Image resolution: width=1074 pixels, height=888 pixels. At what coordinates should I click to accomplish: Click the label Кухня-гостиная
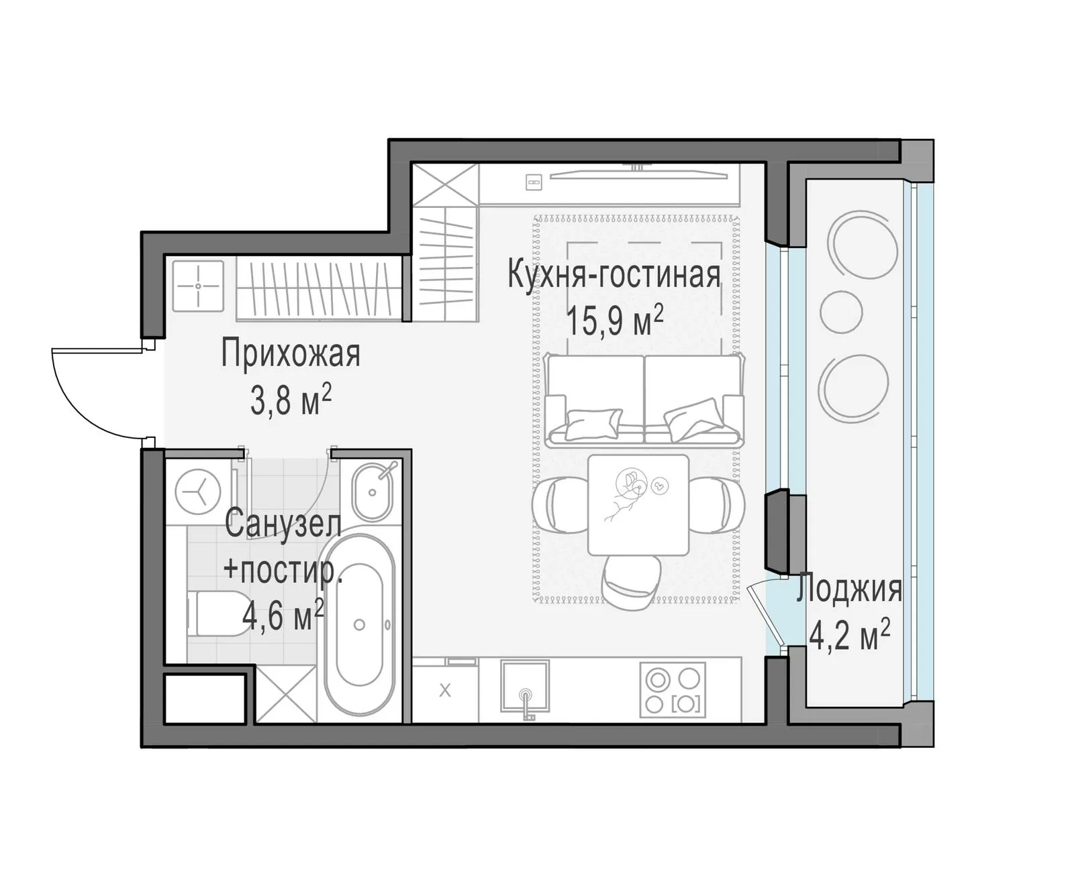(x=614, y=274)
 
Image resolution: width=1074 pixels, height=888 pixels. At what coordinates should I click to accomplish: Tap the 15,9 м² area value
(x=615, y=320)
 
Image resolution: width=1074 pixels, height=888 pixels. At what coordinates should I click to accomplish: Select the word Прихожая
(x=291, y=353)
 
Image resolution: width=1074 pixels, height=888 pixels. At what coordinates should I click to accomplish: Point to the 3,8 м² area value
(x=291, y=400)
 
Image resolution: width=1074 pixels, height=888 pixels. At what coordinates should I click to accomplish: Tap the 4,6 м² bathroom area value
(x=283, y=616)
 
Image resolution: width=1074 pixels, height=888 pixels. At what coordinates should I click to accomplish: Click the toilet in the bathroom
(x=211, y=613)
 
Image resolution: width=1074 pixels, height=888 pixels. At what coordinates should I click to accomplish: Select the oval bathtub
(x=359, y=627)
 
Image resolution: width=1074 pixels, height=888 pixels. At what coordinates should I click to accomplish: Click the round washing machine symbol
(x=198, y=492)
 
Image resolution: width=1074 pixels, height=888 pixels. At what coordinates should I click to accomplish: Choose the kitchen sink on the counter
(x=525, y=686)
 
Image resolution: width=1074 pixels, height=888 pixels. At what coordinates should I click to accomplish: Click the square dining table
(x=638, y=504)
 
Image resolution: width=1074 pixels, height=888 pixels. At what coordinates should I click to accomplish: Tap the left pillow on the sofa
(x=592, y=423)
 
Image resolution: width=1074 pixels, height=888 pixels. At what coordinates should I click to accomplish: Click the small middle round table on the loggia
(x=841, y=312)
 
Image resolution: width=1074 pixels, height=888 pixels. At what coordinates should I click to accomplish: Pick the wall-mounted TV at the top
(x=638, y=175)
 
